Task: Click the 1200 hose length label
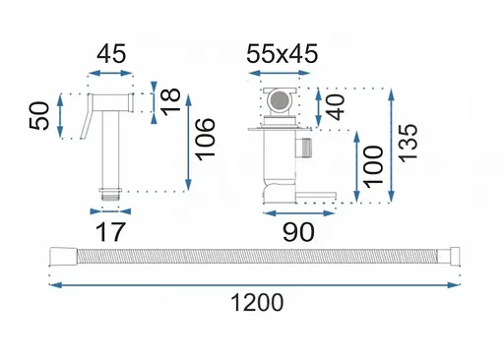coord(257,302)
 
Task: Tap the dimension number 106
coord(206,139)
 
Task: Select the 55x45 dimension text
coord(282,53)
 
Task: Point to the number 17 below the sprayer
coord(110,232)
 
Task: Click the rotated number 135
coord(409,143)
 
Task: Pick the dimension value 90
coord(298,232)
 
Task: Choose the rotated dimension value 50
coord(39,116)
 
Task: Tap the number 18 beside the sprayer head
coord(170,102)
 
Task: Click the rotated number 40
coord(336,107)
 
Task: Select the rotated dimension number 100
coord(374,167)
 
